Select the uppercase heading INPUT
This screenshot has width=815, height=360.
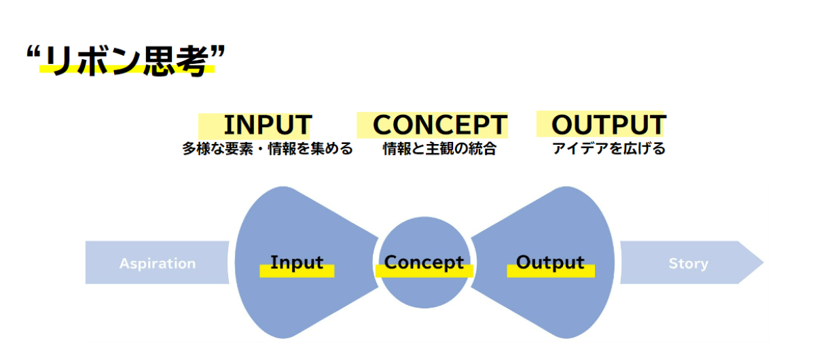(x=267, y=125)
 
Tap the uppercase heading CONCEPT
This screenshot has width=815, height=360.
(x=439, y=125)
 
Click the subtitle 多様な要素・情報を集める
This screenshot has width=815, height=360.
(x=268, y=149)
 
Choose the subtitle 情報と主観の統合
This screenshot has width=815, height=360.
(x=439, y=149)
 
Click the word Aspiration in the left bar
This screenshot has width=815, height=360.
(x=158, y=264)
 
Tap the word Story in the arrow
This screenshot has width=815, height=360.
(x=688, y=264)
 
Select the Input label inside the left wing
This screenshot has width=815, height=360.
(x=297, y=262)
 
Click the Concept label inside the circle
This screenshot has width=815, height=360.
(x=424, y=262)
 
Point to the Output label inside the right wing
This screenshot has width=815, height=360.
(x=550, y=262)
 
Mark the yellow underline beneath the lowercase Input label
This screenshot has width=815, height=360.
(x=297, y=271)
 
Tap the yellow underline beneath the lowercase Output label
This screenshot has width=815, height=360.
(x=551, y=271)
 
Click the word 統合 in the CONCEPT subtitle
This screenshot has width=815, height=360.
(x=482, y=149)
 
